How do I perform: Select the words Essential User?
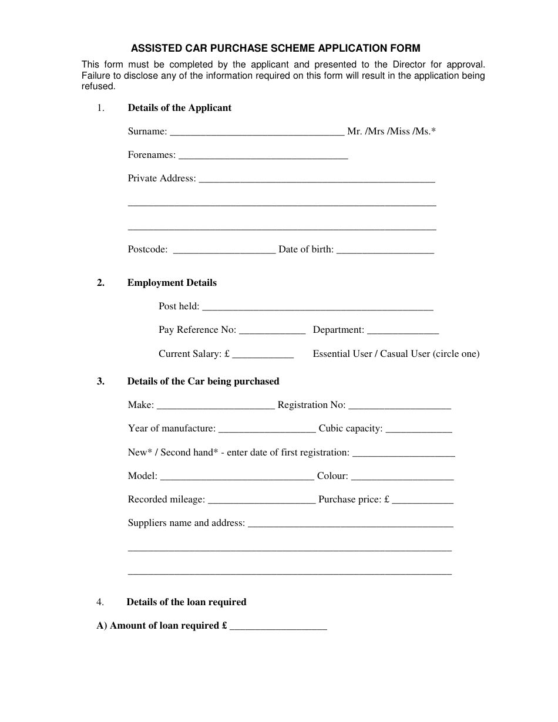[x=342, y=354]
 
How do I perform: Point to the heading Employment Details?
[x=172, y=283]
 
